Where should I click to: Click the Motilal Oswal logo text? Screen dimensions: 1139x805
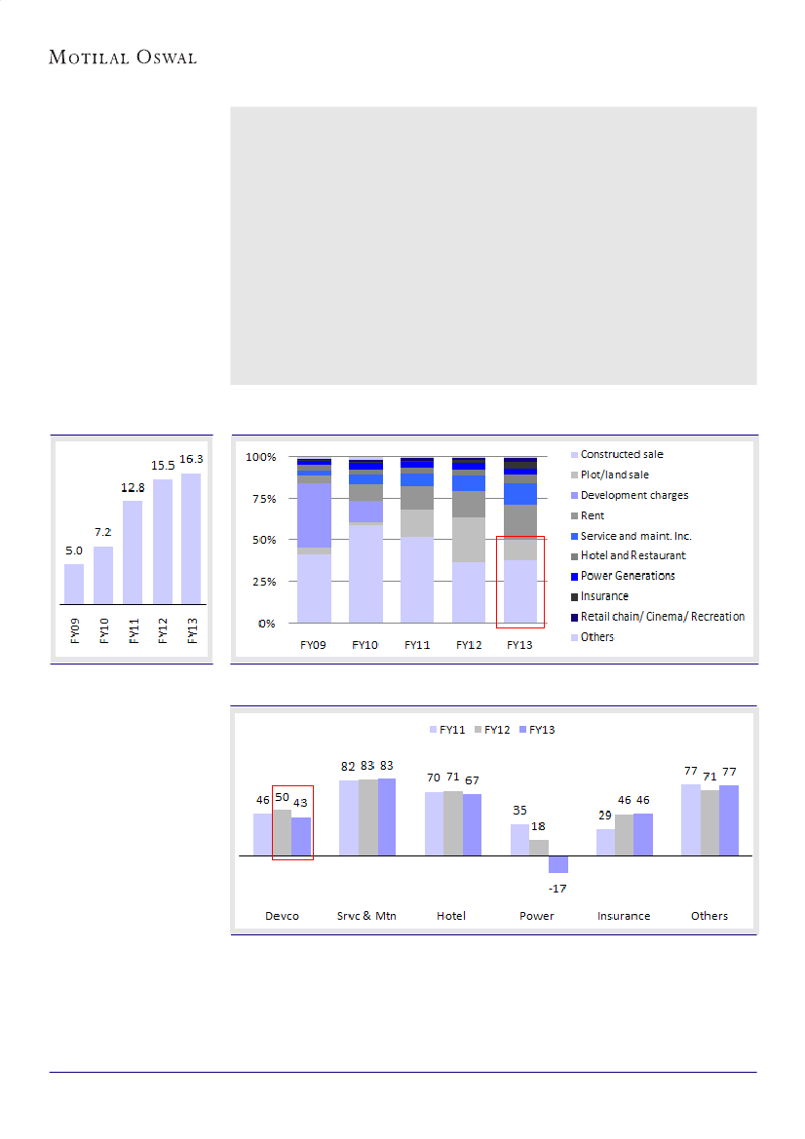(123, 57)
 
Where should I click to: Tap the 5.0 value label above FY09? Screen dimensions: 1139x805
(74, 551)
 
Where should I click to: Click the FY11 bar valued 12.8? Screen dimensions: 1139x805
(133, 551)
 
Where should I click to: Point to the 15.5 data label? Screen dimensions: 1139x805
(162, 467)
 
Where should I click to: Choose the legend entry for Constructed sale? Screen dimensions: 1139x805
(622, 455)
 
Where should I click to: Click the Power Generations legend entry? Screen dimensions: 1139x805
(628, 576)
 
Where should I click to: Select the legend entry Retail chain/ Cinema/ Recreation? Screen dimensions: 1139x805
(663, 617)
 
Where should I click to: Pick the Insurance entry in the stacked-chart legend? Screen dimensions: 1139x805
(604, 596)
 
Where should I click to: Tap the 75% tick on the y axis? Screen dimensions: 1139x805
(261, 498)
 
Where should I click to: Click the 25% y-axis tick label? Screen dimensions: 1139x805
(261, 582)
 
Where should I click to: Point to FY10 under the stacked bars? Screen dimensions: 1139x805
(365, 645)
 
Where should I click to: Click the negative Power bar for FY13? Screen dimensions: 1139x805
(557, 864)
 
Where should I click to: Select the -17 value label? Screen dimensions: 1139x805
(557, 888)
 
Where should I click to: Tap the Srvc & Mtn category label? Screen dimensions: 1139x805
(366, 916)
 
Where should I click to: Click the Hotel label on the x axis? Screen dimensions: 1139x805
(451, 916)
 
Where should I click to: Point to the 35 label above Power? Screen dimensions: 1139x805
(519, 811)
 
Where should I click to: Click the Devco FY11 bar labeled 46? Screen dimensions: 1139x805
(262, 834)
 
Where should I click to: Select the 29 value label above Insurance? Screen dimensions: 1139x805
(605, 815)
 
